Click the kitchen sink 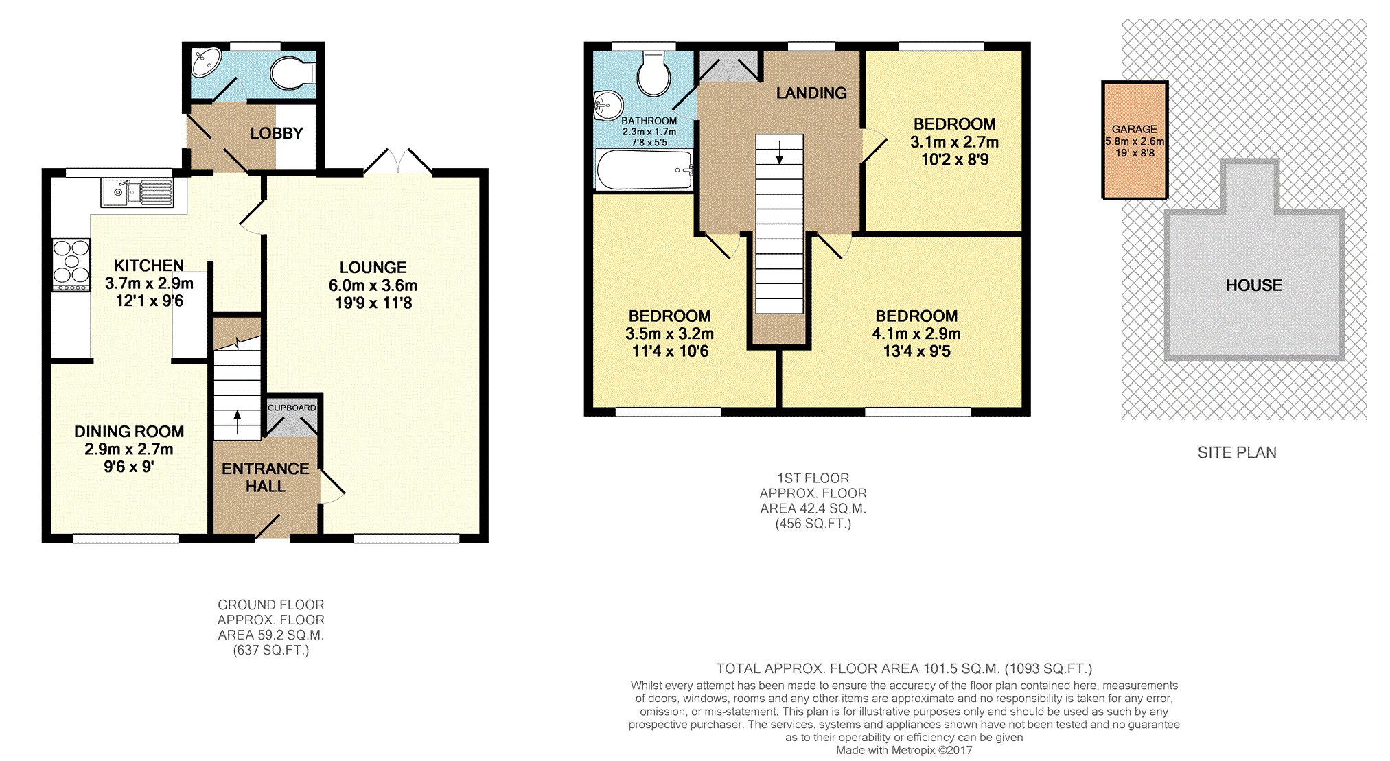click(x=137, y=193)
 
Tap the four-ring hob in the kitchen click(x=71, y=265)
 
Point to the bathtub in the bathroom click(x=645, y=169)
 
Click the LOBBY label click(x=277, y=133)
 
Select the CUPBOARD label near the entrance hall click(x=292, y=408)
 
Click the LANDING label click(x=811, y=93)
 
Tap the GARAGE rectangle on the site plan click(x=1135, y=141)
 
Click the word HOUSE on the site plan click(x=1254, y=285)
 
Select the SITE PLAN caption click(x=1237, y=453)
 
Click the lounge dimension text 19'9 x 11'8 click(x=373, y=303)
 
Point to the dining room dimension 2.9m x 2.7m click(x=129, y=449)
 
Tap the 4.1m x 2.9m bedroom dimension click(x=916, y=334)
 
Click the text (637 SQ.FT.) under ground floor click(x=271, y=651)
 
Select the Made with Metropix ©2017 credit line click(x=904, y=751)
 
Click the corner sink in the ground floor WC click(x=205, y=62)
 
